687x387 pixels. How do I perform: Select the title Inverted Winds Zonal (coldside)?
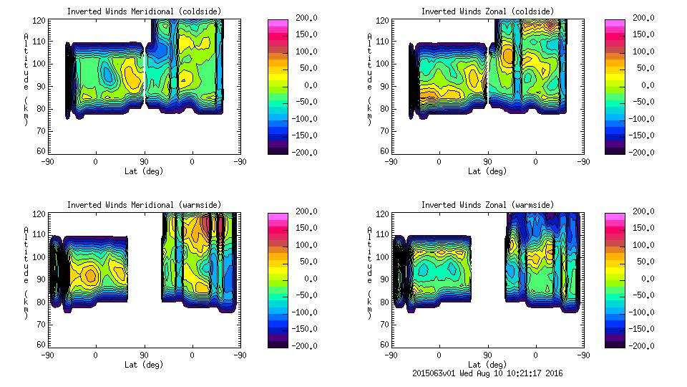(x=487, y=11)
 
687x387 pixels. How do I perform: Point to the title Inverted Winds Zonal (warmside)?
(x=487, y=205)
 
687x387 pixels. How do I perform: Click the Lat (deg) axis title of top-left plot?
(x=143, y=171)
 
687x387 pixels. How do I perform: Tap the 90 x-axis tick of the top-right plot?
(x=487, y=162)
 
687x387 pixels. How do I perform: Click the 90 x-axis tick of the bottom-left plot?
(x=144, y=355)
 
